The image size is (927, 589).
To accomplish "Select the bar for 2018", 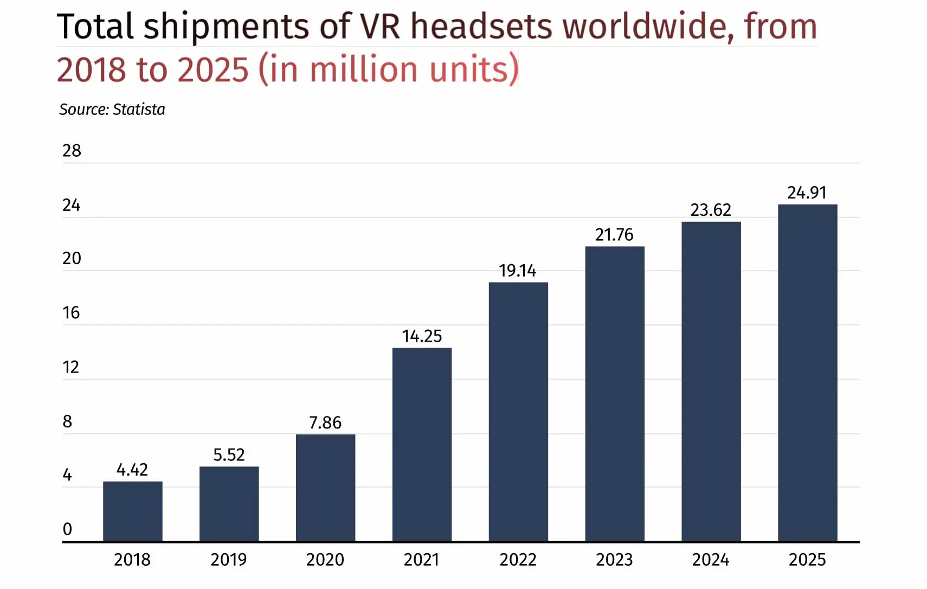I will coord(132,511).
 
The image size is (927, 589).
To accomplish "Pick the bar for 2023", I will coord(614,393).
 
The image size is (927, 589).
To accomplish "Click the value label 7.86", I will coord(325,422).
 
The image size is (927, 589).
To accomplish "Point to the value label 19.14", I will coord(517,270).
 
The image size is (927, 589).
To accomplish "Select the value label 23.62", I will coord(710,210).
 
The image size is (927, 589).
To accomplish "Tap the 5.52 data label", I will coord(229,454).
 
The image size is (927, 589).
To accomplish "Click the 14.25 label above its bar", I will coord(422,336).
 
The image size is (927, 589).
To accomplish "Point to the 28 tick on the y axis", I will coord(72,151).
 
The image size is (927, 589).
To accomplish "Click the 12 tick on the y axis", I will coord(70,367).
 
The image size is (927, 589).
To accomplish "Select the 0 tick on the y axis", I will coord(67,529).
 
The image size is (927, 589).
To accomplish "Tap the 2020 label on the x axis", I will coord(325,560).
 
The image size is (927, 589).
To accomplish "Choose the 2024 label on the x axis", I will coord(710,560).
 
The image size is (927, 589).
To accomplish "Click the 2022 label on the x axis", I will coord(518,560).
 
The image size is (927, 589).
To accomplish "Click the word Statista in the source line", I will coord(139,110).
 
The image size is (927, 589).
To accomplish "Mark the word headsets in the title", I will coord(481,26).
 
